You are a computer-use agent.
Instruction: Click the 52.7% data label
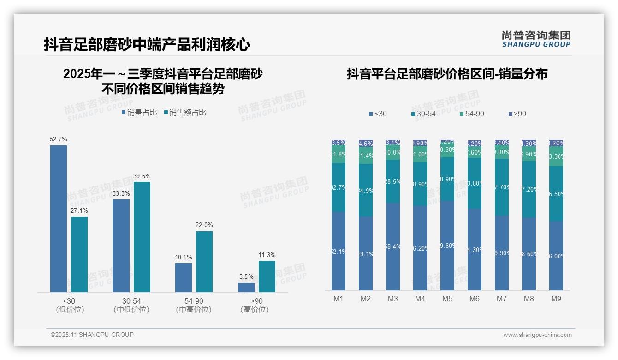click(59, 139)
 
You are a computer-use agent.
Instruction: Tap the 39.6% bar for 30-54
click(142, 237)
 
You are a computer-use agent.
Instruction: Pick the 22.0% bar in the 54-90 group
click(204, 261)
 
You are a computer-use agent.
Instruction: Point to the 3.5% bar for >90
click(246, 287)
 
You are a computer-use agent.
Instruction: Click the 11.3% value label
click(267, 255)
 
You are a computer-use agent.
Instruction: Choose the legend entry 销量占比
click(139, 113)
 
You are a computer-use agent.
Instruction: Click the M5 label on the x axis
click(447, 299)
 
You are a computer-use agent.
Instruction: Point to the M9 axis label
click(556, 299)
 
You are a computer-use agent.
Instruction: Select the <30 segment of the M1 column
click(339, 251)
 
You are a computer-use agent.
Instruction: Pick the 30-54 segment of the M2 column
click(366, 190)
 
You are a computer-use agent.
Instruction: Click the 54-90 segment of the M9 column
click(556, 156)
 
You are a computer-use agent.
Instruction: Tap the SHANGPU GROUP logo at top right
click(536, 39)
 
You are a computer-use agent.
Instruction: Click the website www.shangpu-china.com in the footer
click(537, 335)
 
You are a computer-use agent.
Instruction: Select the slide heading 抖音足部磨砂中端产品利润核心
click(147, 45)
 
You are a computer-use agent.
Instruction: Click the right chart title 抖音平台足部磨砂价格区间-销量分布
click(447, 74)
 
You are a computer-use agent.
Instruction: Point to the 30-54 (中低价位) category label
click(131, 305)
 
